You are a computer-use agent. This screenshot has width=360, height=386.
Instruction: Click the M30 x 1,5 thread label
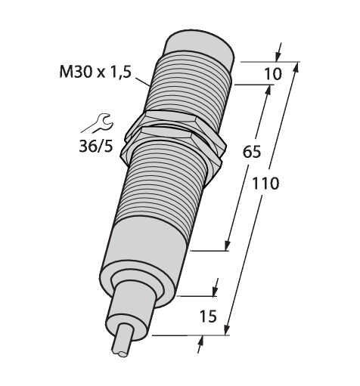click(95, 73)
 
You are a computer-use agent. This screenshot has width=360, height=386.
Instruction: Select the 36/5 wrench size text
click(96, 146)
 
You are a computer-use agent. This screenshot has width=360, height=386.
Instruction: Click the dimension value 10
click(272, 74)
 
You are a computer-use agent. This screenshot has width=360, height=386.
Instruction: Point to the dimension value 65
click(251, 152)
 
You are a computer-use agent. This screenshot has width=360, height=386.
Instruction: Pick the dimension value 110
click(265, 183)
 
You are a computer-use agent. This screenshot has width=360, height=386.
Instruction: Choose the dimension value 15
click(208, 317)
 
